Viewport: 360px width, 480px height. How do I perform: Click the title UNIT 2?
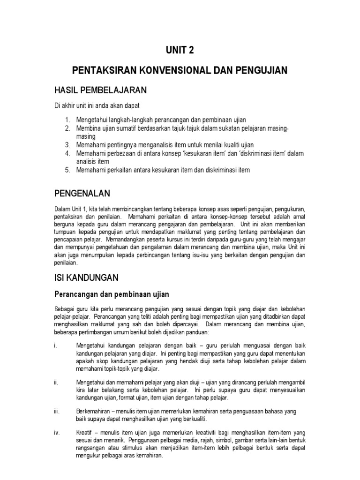tap(180, 50)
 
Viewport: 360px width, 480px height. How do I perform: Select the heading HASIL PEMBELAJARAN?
tap(101, 90)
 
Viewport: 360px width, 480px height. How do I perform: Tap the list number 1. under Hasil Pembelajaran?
tap(67, 120)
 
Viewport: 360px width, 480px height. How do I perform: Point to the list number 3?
tap(67, 145)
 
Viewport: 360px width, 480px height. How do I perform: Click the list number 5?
tap(67, 170)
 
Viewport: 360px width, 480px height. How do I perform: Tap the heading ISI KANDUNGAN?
tap(87, 277)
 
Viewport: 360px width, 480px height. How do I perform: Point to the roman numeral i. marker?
tap(55, 345)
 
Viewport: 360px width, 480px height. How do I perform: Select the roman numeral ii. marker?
tap(56, 382)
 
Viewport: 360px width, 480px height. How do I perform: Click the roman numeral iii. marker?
tap(57, 411)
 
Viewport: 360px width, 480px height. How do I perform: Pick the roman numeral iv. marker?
tap(57, 432)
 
